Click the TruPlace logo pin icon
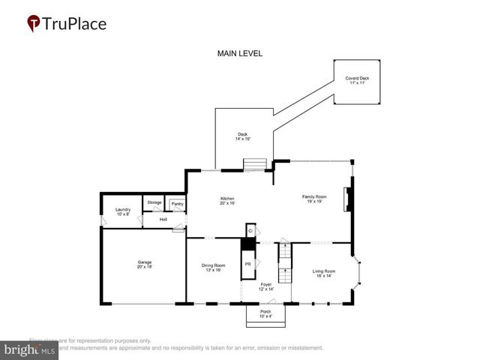point(34,24)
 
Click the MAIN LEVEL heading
point(239,54)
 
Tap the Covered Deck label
point(357,80)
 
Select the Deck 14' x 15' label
point(243,136)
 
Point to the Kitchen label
point(228,200)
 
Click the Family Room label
point(315,199)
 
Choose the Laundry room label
point(122,212)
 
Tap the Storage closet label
point(154,202)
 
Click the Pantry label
point(177,204)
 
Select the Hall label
point(163,220)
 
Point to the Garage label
point(144,264)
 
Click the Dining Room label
point(213,268)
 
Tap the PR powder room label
point(247,265)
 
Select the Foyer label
point(265,286)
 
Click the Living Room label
point(324,273)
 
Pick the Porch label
point(265,313)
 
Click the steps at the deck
point(254,164)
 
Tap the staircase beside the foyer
point(285,259)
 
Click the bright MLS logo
point(30,349)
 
